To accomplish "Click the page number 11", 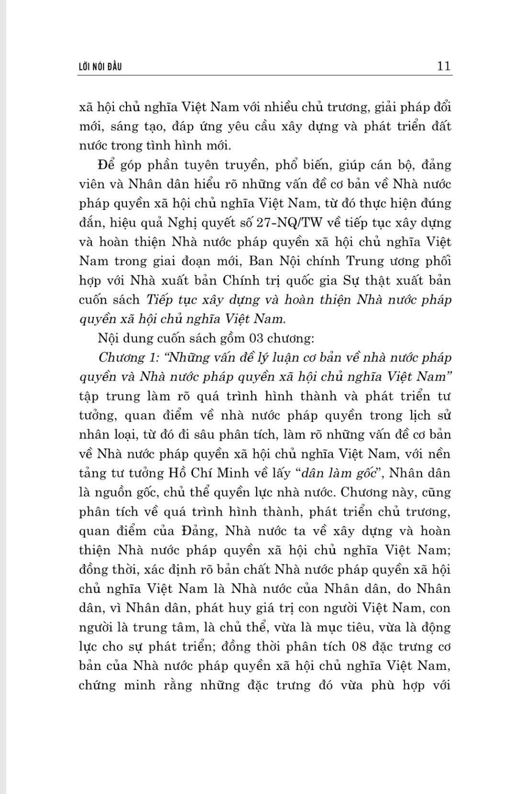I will pyautogui.click(x=444, y=66).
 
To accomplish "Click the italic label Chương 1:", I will pyautogui.click(x=121, y=357).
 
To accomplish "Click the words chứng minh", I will pyautogui.click(x=111, y=685).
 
